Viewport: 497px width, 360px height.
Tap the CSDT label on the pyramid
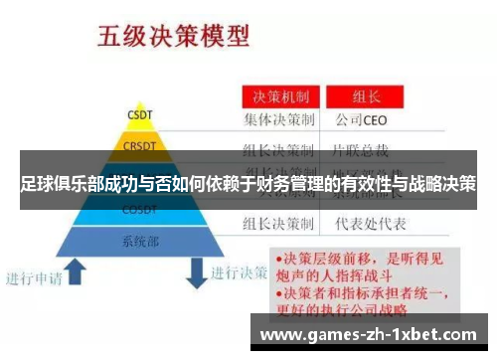pyautogui.click(x=138, y=115)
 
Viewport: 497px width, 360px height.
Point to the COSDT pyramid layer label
pyautogui.click(x=138, y=211)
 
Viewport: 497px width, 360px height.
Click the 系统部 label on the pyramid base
pyautogui.click(x=138, y=241)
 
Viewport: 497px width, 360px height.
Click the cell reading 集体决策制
pyautogui.click(x=282, y=121)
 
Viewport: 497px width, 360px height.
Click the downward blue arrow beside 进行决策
pyautogui.click(x=197, y=269)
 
